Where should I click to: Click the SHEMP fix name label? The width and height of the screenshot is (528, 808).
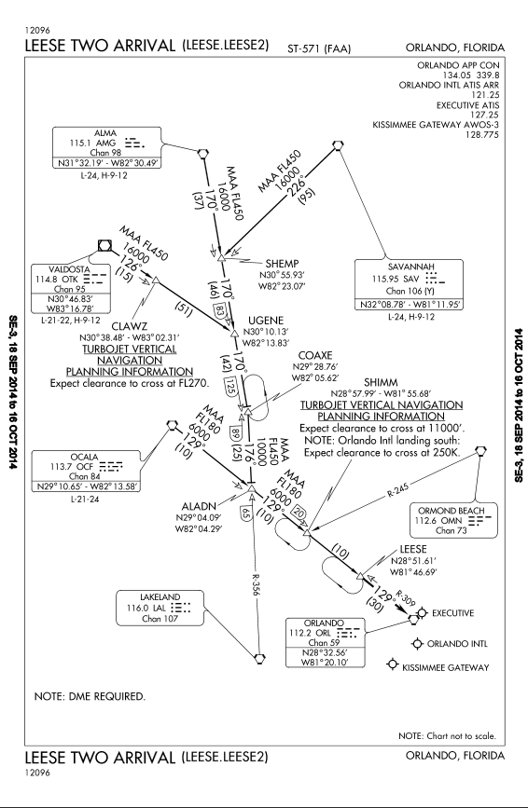(282, 264)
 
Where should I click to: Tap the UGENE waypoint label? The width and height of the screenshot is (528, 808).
(266, 321)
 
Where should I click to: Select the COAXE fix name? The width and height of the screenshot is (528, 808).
(315, 356)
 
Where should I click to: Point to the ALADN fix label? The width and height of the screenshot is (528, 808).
(199, 506)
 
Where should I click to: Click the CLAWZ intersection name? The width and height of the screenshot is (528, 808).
(130, 326)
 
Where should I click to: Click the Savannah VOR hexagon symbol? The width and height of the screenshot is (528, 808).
(338, 145)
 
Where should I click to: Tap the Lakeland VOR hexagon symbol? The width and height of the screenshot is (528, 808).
(260, 658)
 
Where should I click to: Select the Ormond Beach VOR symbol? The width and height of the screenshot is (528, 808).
(481, 451)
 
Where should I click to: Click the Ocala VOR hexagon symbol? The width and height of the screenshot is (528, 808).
(173, 425)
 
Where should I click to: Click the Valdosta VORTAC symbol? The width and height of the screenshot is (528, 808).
(106, 246)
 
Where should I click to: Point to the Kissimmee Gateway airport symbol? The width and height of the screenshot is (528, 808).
(394, 664)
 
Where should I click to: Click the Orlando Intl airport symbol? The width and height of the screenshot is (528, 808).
(417, 644)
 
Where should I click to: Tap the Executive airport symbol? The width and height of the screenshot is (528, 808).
(423, 612)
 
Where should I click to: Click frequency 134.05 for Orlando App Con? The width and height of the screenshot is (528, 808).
(456, 75)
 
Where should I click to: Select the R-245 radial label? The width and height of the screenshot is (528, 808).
(397, 490)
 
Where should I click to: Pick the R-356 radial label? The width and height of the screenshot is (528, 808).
(255, 586)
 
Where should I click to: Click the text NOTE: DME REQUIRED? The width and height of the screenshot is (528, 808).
(90, 697)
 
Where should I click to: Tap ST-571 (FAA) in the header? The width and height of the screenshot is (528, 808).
(319, 49)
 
